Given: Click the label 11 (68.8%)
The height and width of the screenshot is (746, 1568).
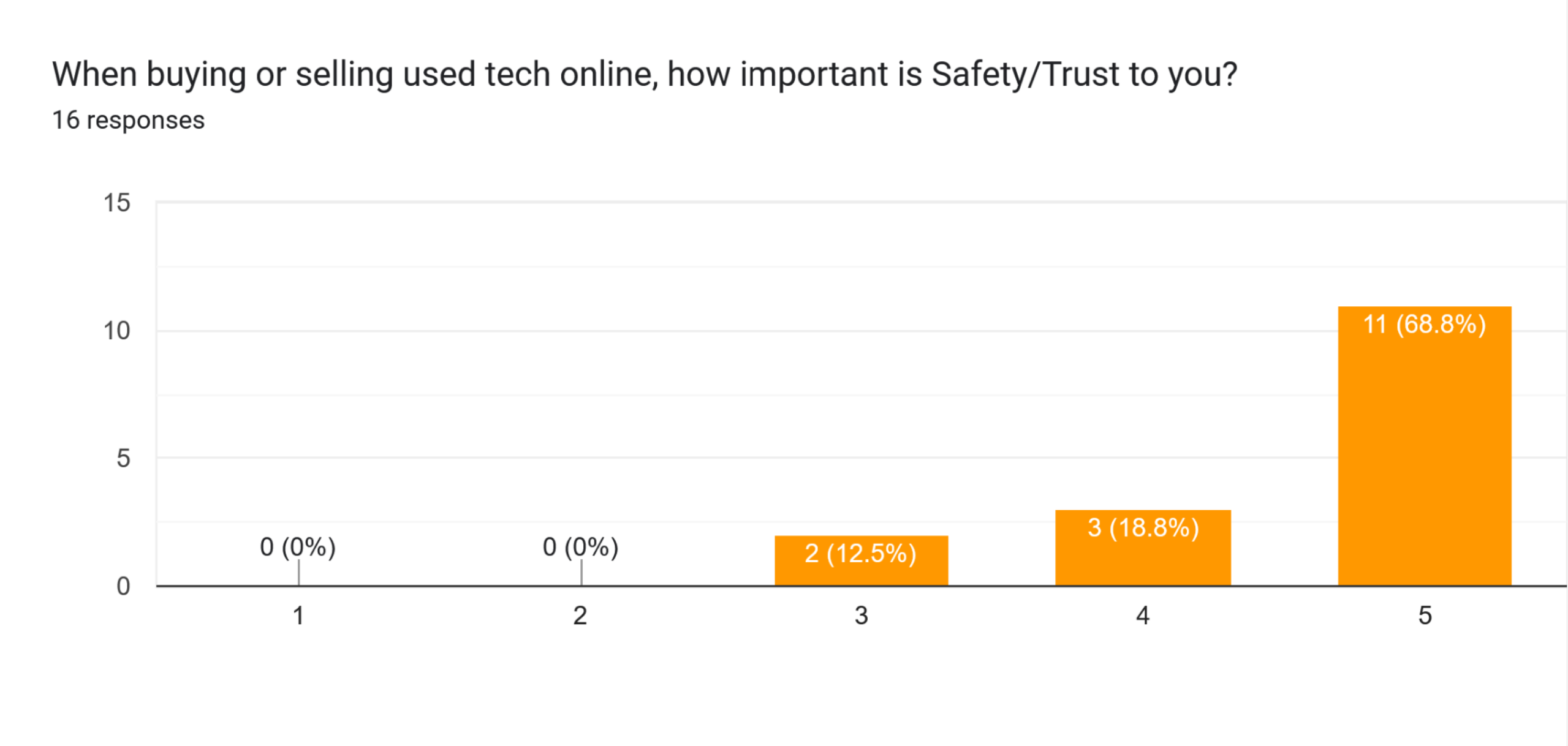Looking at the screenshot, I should click(x=1424, y=324).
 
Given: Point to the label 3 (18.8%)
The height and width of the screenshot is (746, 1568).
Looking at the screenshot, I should click(x=1143, y=527).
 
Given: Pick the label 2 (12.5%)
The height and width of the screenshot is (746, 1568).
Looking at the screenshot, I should click(x=860, y=553).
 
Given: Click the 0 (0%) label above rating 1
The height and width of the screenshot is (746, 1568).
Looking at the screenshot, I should click(x=298, y=546).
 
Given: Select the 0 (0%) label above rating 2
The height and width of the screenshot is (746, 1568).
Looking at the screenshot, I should click(x=580, y=546).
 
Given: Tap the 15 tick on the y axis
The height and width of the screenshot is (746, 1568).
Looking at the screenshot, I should click(x=116, y=203).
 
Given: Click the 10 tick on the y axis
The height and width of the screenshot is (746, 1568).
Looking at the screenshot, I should click(x=116, y=331).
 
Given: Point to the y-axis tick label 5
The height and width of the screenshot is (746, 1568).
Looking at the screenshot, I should click(x=123, y=458).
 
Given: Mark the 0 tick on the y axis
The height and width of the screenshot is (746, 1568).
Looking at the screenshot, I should click(x=123, y=586).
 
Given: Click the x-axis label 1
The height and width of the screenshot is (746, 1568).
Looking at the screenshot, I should click(x=298, y=616).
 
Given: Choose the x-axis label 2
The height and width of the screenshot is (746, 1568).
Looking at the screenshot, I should click(x=580, y=616).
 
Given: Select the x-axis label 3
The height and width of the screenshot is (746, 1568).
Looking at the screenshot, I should click(x=862, y=616).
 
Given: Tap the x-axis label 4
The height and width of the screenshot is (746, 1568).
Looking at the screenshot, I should click(x=1143, y=616).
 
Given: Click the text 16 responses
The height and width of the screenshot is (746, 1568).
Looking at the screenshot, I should click(x=128, y=120).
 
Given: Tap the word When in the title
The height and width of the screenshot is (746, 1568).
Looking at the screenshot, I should click(x=94, y=75).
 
